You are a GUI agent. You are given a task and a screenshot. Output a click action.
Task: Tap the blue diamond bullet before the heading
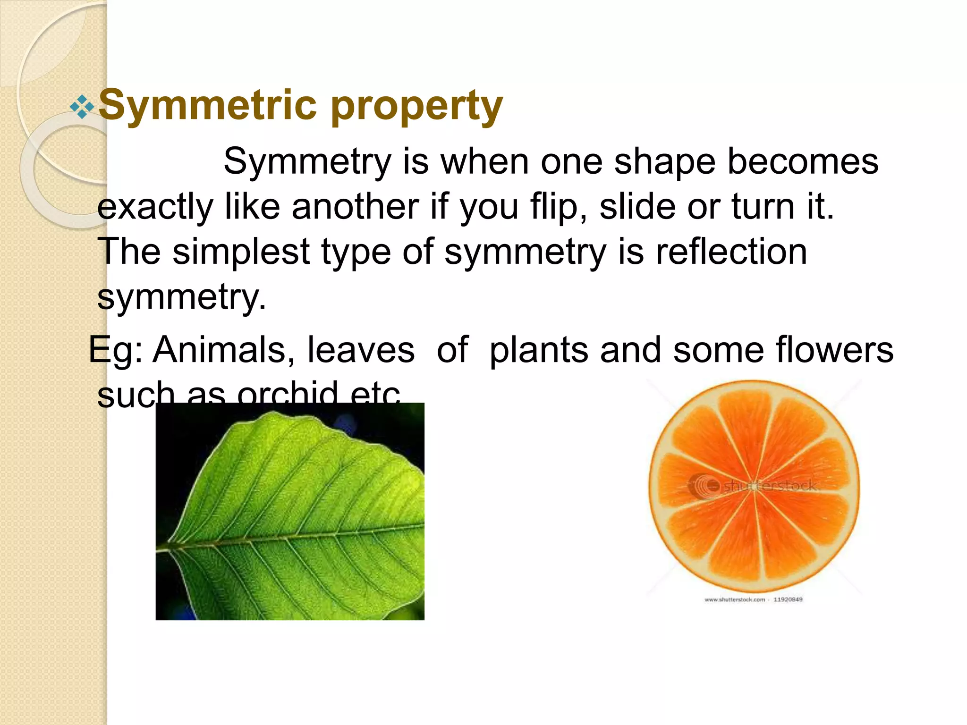(82, 107)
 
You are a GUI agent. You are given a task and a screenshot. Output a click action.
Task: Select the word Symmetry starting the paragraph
(307, 162)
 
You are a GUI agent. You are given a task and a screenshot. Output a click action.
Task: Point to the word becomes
(803, 162)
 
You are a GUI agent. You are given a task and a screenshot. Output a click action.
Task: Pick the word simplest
(241, 252)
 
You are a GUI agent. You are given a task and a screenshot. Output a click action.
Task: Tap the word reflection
(731, 252)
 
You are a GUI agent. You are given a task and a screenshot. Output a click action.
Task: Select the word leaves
(361, 350)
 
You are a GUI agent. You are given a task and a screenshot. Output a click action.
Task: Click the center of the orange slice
(755, 486)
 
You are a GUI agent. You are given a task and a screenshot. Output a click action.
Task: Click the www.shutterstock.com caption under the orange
(734, 599)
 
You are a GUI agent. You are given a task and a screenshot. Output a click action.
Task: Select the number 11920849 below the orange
(788, 599)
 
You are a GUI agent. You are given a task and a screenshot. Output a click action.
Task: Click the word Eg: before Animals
(116, 351)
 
